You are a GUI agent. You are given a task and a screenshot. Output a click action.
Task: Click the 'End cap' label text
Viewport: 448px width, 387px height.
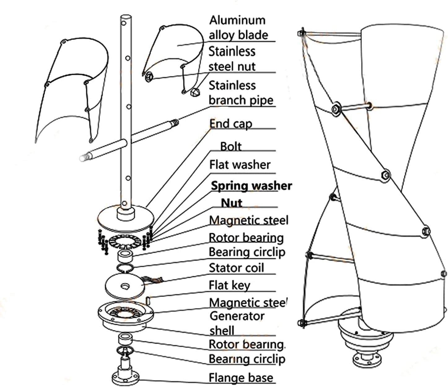231,124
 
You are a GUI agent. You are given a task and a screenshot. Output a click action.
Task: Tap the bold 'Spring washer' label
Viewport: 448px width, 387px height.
251,186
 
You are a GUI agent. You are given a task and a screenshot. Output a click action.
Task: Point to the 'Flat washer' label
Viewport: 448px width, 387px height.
240,165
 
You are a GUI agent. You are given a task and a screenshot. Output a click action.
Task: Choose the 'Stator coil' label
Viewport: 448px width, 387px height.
236,268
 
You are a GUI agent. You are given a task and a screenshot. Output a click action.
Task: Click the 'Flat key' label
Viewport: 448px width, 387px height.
229,285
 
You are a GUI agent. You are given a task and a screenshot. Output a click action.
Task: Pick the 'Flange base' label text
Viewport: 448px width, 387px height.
241,378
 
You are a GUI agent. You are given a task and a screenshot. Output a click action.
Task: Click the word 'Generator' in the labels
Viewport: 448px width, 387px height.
237,316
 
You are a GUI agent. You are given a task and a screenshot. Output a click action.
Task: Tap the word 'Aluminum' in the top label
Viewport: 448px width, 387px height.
237,20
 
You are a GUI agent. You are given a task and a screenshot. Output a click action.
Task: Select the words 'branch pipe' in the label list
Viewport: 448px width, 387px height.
241,100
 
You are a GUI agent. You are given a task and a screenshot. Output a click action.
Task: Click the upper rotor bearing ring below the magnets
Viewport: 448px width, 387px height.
125,256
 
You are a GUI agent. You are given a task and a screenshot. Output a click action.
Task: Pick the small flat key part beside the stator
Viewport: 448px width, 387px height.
148,300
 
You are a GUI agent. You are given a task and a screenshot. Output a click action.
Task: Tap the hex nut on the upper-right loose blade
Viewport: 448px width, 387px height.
149,76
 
